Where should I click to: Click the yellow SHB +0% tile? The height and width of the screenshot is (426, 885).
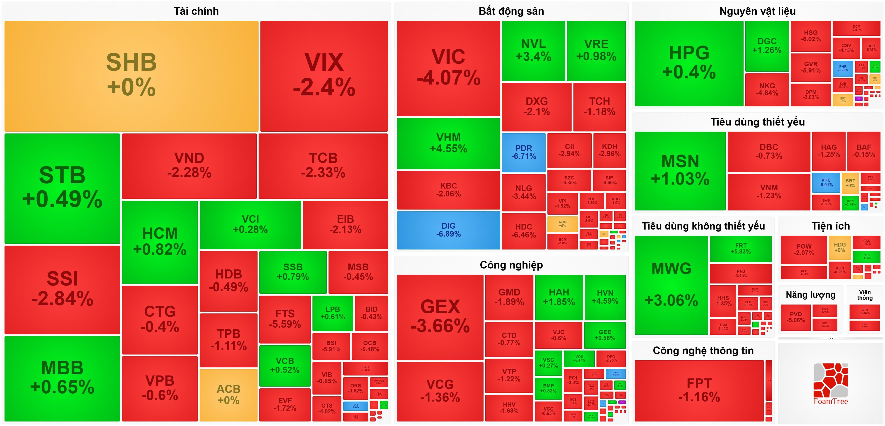click(131, 76)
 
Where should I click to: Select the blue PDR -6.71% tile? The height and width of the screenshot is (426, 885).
click(523, 152)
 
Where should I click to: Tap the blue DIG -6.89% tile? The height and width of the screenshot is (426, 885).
click(448, 230)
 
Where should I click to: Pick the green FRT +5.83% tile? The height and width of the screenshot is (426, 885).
click(741, 248)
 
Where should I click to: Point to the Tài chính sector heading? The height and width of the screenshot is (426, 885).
click(196, 11)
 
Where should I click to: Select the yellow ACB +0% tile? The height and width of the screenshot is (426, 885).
click(229, 395)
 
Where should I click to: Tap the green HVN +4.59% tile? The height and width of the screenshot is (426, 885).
click(605, 297)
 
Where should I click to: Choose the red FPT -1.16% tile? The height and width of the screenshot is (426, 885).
click(699, 390)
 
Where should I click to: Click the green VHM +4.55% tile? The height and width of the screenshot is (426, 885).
click(448, 143)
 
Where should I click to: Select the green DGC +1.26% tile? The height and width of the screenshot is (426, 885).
click(767, 46)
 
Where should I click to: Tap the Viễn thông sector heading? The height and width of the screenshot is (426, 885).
click(865, 295)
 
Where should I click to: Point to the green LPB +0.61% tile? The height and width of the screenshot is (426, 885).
click(333, 313)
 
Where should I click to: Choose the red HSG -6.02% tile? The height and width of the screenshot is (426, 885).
click(811, 36)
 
